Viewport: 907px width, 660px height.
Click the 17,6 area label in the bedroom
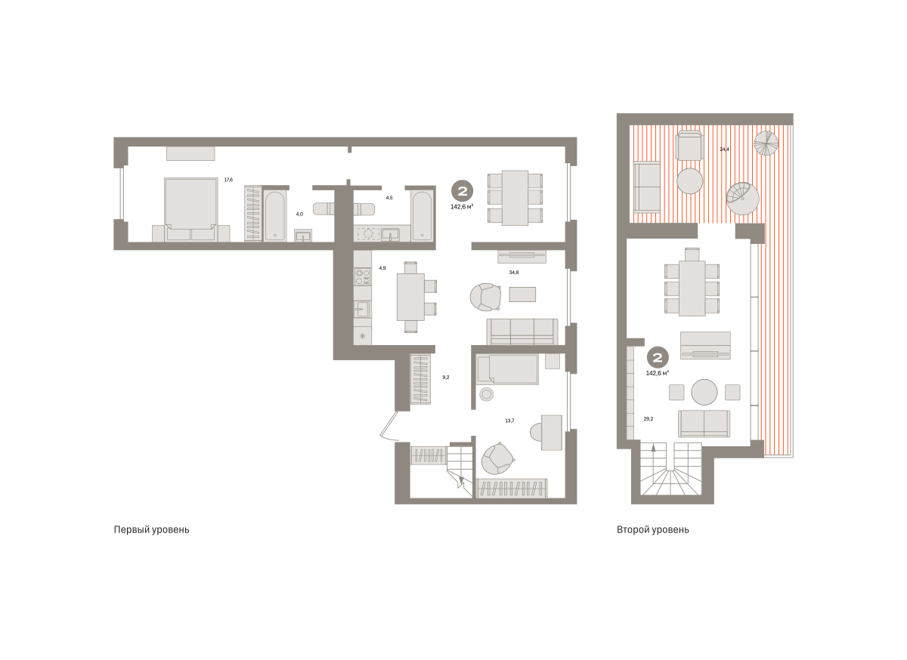coord(228,180)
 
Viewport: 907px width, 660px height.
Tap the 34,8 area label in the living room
coord(514,273)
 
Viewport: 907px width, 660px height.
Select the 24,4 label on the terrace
coord(724,150)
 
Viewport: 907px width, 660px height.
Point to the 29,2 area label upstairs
coord(649,419)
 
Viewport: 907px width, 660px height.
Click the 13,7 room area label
coord(509,421)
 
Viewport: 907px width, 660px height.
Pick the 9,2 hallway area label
coord(446,377)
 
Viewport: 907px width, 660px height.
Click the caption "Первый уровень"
coord(151,529)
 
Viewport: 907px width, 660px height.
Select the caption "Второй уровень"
coord(653,529)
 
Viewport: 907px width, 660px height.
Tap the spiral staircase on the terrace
coord(742,199)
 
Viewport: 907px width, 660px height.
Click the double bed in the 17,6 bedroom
coord(190,209)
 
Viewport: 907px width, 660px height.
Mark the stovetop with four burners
coord(362,277)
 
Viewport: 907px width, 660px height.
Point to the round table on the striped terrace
coord(689,181)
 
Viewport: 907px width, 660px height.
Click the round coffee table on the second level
coord(704,392)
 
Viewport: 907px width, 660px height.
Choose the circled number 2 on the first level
coord(463,190)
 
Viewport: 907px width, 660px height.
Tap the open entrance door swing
coord(388,426)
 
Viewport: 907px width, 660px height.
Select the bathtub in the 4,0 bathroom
coord(275,216)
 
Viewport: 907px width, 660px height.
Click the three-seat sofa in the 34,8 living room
coord(522,332)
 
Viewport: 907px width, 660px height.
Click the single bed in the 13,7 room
coord(507,369)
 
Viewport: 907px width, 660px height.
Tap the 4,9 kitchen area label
coord(382,268)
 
